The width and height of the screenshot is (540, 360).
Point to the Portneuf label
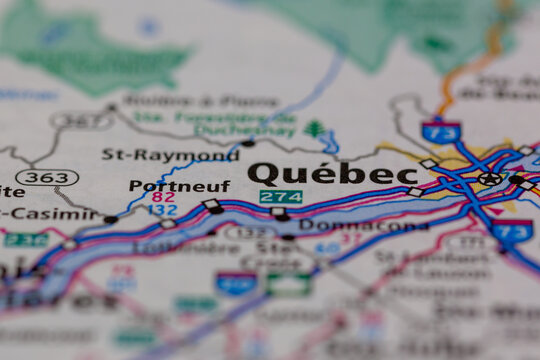click(179, 186)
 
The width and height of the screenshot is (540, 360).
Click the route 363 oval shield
click(46, 177)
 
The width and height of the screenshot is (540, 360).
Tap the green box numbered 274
click(280, 197)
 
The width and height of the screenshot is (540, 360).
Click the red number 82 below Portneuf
click(163, 198)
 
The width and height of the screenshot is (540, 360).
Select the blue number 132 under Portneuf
click(163, 211)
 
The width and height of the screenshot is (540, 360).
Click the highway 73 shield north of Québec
click(440, 131)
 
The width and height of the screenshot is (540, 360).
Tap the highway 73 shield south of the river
click(512, 232)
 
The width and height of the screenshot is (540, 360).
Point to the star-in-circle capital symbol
click(489, 178)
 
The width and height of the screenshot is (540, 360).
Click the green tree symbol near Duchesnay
click(315, 129)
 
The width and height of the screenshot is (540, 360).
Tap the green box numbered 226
click(25, 240)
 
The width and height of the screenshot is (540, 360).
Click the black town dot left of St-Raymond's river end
click(247, 143)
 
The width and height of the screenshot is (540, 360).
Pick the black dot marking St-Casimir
click(110, 219)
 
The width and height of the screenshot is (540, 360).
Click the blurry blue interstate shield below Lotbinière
click(236, 283)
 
